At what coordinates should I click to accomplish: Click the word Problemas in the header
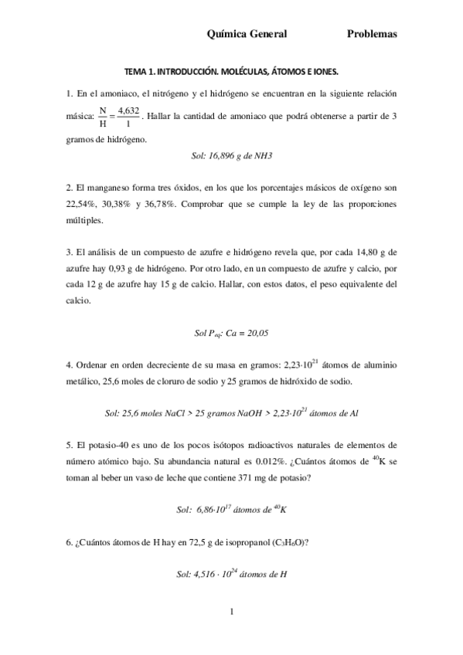(x=372, y=34)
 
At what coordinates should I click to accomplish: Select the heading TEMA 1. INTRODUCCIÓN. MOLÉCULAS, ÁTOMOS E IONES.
(x=232, y=71)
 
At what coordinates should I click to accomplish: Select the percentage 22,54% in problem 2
(x=82, y=204)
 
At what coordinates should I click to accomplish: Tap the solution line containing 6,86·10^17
(x=232, y=511)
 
